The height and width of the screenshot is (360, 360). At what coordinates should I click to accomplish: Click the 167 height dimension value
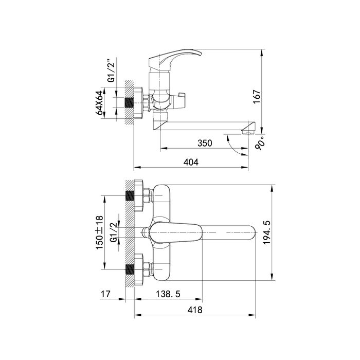click(x=257, y=97)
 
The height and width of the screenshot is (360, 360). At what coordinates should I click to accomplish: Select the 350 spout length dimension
click(x=205, y=143)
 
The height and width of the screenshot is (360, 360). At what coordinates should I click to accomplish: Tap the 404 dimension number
click(x=191, y=163)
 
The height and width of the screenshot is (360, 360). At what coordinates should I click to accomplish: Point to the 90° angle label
click(x=260, y=143)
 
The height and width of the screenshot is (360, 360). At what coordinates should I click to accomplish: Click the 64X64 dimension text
click(x=99, y=102)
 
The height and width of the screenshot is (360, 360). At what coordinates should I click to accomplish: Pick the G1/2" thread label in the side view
click(x=112, y=70)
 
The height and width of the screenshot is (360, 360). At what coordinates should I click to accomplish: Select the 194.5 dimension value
click(x=267, y=232)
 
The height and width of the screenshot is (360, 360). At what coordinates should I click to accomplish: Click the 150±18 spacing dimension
click(x=99, y=232)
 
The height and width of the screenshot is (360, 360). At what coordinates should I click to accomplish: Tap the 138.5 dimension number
click(x=168, y=294)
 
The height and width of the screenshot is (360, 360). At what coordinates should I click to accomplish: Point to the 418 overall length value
click(x=195, y=310)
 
